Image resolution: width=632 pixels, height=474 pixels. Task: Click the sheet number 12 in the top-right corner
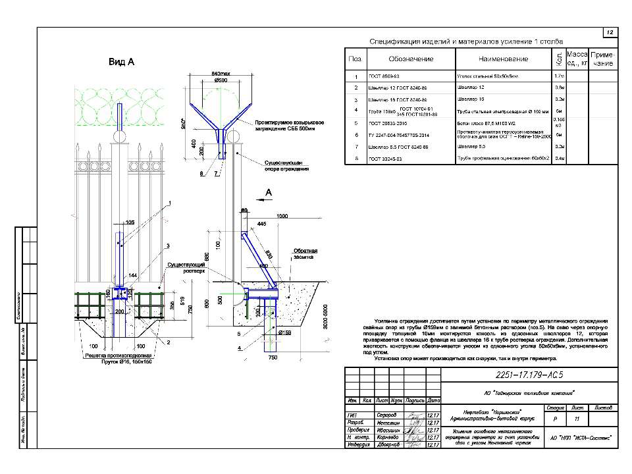click(609, 32)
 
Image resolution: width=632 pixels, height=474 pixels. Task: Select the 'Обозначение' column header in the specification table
click(410, 59)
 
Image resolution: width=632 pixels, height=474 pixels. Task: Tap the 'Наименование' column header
click(502, 59)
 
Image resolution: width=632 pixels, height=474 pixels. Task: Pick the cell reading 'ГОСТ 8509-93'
click(386, 77)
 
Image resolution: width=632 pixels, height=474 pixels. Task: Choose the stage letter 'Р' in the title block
click(554, 418)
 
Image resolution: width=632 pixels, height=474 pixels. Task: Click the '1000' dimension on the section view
click(282, 216)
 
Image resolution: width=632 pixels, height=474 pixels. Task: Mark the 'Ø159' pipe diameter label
click(284, 333)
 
